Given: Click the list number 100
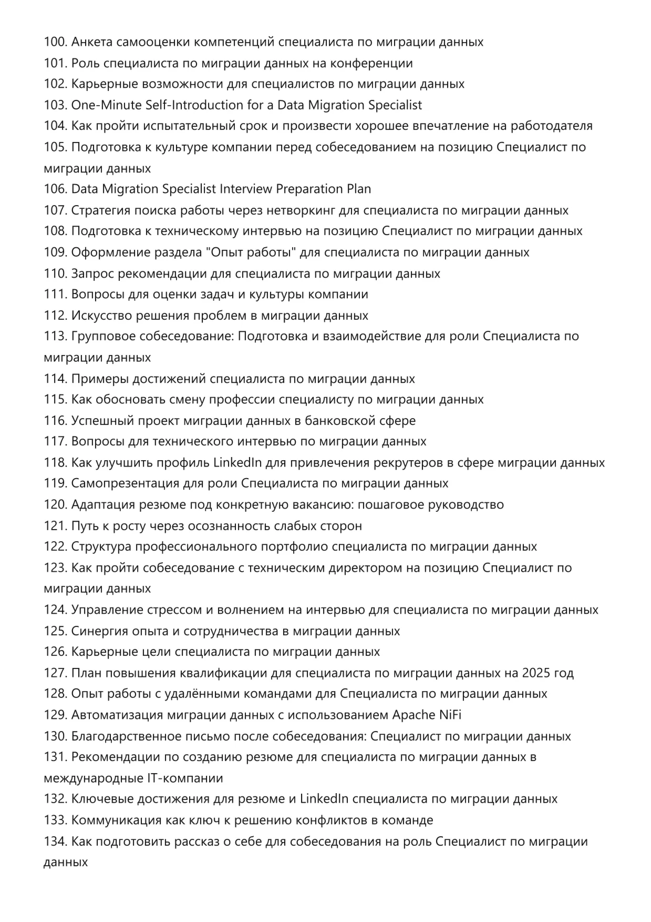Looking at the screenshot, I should (x=55, y=42).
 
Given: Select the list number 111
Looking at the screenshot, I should (x=55, y=295).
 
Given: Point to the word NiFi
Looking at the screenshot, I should (x=450, y=715).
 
